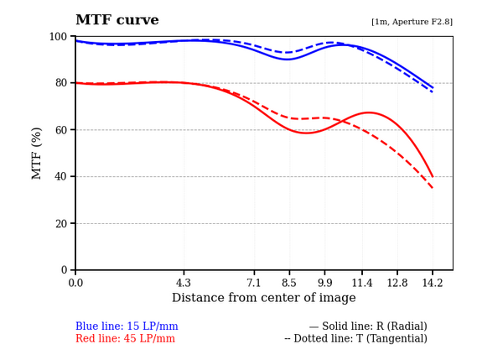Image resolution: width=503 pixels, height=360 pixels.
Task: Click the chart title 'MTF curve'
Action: point(128,20)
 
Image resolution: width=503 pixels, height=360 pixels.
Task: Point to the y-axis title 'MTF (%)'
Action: point(37,153)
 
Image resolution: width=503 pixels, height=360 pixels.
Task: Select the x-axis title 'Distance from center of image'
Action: point(263,298)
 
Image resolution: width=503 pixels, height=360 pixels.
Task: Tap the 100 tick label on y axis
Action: point(59,36)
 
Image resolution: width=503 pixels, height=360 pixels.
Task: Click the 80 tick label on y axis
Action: point(61,83)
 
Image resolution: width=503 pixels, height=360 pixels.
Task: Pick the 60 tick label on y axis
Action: point(61,130)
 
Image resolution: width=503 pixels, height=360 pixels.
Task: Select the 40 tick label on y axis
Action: point(61,176)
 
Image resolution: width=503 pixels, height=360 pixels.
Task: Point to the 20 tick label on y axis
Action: point(61,223)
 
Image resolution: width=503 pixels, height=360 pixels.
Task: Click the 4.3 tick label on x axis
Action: point(184,283)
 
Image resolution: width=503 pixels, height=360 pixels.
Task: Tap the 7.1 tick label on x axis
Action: point(254,283)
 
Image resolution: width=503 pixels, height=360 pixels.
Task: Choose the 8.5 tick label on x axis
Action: point(289,283)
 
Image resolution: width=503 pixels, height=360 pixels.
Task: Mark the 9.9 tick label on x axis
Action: point(324,283)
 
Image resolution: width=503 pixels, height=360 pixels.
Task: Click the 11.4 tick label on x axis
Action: point(362,283)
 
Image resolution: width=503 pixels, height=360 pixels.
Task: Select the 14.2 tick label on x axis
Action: point(433,283)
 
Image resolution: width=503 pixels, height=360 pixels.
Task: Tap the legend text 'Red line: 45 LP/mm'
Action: point(125,338)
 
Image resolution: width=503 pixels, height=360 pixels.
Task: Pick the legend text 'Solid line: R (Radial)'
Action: point(368,326)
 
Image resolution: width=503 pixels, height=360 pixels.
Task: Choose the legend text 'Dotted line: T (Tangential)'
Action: point(355,338)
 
